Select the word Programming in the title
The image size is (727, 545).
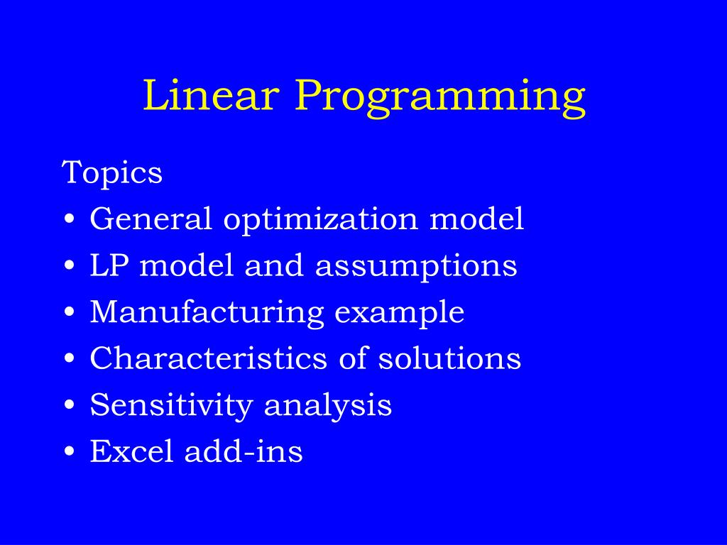pos(440,98)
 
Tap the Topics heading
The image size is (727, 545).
pos(111,173)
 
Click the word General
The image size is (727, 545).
pos(151,218)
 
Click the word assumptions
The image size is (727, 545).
pos(416,267)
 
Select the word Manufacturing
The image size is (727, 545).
pos(207,313)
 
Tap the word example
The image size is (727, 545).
pos(399,313)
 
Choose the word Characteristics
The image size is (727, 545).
pos(209,358)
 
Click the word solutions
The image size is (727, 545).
pos(449,358)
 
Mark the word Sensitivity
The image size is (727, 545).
pos(171,405)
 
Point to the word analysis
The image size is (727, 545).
pos(328,405)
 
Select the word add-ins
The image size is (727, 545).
pos(244,451)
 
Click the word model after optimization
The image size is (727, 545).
pos(477,218)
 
